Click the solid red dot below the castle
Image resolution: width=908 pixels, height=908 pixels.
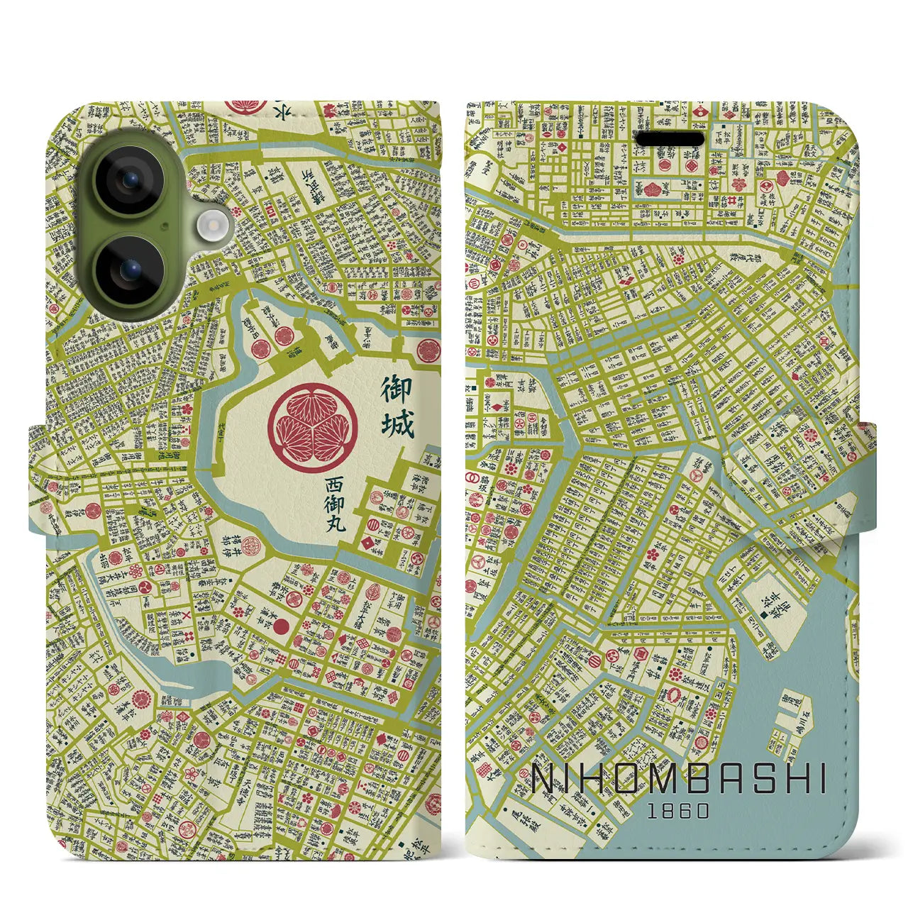click(x=282, y=626)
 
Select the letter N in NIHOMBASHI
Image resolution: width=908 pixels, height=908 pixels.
click(x=545, y=779)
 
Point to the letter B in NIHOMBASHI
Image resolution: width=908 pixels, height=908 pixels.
click(x=694, y=779)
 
